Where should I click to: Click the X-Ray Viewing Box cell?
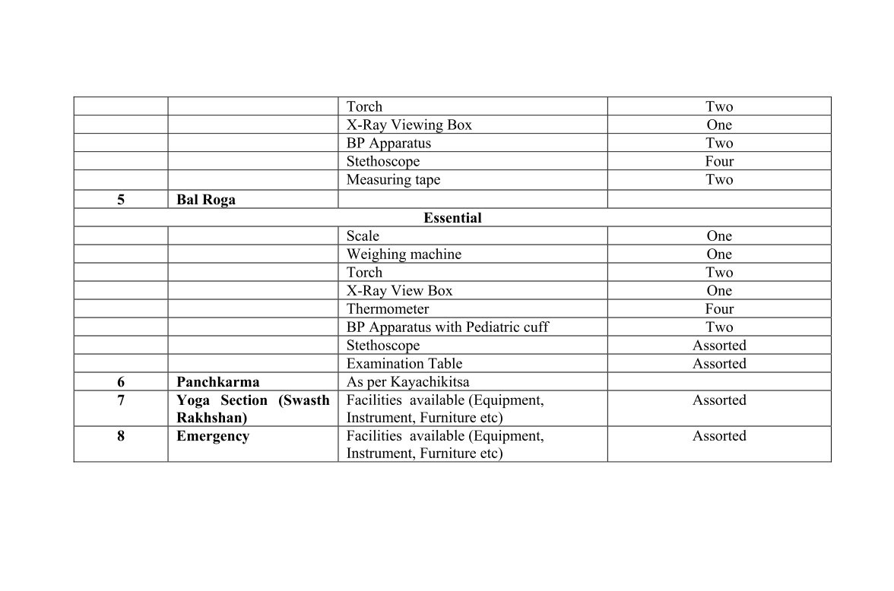409,125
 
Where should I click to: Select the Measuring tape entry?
393,180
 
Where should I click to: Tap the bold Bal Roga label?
206,200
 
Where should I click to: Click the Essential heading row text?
452,218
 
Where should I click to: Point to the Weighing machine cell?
404,254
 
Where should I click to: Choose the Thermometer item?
388,309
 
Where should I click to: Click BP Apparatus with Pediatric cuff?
447,327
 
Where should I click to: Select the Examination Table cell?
404,364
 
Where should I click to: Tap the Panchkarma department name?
217,382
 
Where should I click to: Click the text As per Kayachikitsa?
407,382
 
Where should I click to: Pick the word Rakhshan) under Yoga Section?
212,418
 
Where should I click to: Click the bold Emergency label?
213,436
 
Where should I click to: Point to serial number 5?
121,200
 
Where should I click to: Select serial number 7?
121,400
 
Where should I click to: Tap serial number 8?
121,436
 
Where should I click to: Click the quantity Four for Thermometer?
719,309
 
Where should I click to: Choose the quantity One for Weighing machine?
719,254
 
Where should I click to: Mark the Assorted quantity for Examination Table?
719,364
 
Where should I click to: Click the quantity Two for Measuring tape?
719,180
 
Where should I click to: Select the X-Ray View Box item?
399,291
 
